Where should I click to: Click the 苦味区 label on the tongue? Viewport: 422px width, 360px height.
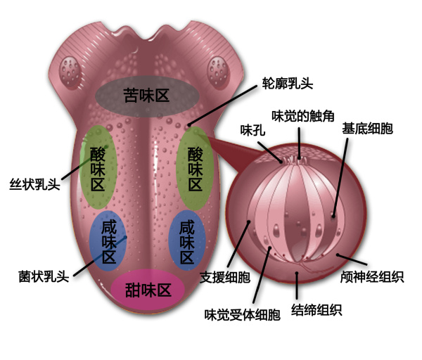point(146,95)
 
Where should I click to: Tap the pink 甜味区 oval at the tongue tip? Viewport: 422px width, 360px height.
point(148,290)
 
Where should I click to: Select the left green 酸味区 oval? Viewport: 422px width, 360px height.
point(98,167)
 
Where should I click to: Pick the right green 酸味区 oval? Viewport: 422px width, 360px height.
point(195,169)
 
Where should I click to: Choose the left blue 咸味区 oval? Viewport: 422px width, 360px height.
point(108,240)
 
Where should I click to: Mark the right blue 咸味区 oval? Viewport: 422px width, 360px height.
point(187,240)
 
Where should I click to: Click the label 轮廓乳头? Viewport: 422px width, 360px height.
point(288,83)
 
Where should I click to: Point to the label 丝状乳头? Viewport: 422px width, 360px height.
point(34,184)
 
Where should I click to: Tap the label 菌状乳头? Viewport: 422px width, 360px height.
point(44,276)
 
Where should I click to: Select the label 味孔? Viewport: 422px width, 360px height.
point(252,130)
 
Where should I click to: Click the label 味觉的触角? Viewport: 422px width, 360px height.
point(303,116)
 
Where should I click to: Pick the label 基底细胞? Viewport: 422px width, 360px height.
point(367,129)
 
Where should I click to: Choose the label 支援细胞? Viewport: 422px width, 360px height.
point(225,277)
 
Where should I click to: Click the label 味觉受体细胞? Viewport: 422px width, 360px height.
point(242,314)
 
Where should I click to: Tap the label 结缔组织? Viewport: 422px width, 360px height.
point(316,309)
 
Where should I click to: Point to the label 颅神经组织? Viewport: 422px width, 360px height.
point(372,276)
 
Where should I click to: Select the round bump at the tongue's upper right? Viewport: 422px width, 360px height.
point(219,72)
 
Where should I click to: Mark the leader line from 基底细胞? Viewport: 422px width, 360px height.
point(340,178)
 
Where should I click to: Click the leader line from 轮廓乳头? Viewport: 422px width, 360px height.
point(222,105)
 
